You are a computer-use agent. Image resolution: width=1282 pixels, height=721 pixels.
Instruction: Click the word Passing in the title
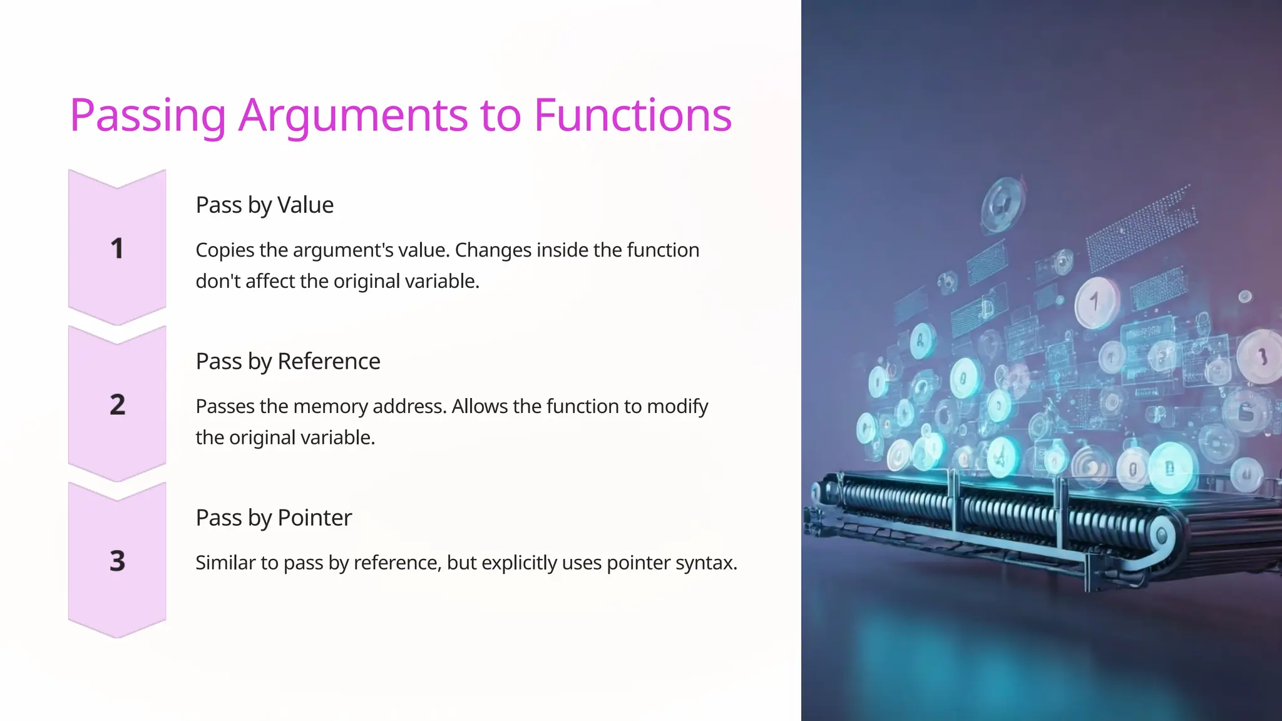pyautogui.click(x=147, y=116)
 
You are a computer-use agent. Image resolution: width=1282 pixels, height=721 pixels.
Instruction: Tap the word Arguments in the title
pyautogui.click(x=353, y=116)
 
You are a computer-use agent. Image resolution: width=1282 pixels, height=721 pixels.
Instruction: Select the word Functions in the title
pyautogui.click(x=632, y=116)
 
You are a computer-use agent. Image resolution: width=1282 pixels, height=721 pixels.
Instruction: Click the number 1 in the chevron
pyautogui.click(x=117, y=248)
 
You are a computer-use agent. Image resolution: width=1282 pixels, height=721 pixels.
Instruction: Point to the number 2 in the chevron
pyautogui.click(x=117, y=405)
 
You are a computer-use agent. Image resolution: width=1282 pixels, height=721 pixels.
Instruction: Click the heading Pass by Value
pyautogui.click(x=264, y=205)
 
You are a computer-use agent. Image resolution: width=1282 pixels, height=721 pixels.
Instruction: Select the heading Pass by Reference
pyautogui.click(x=287, y=362)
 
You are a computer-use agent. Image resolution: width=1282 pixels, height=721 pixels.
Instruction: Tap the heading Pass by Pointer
pyautogui.click(x=274, y=518)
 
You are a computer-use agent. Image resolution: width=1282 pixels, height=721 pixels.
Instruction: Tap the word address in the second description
pyautogui.click(x=409, y=407)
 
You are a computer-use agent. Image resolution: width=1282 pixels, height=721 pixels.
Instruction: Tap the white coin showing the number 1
pyautogui.click(x=1095, y=303)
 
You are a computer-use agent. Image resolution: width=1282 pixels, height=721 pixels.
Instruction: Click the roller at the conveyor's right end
pyautogui.click(x=1161, y=535)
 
